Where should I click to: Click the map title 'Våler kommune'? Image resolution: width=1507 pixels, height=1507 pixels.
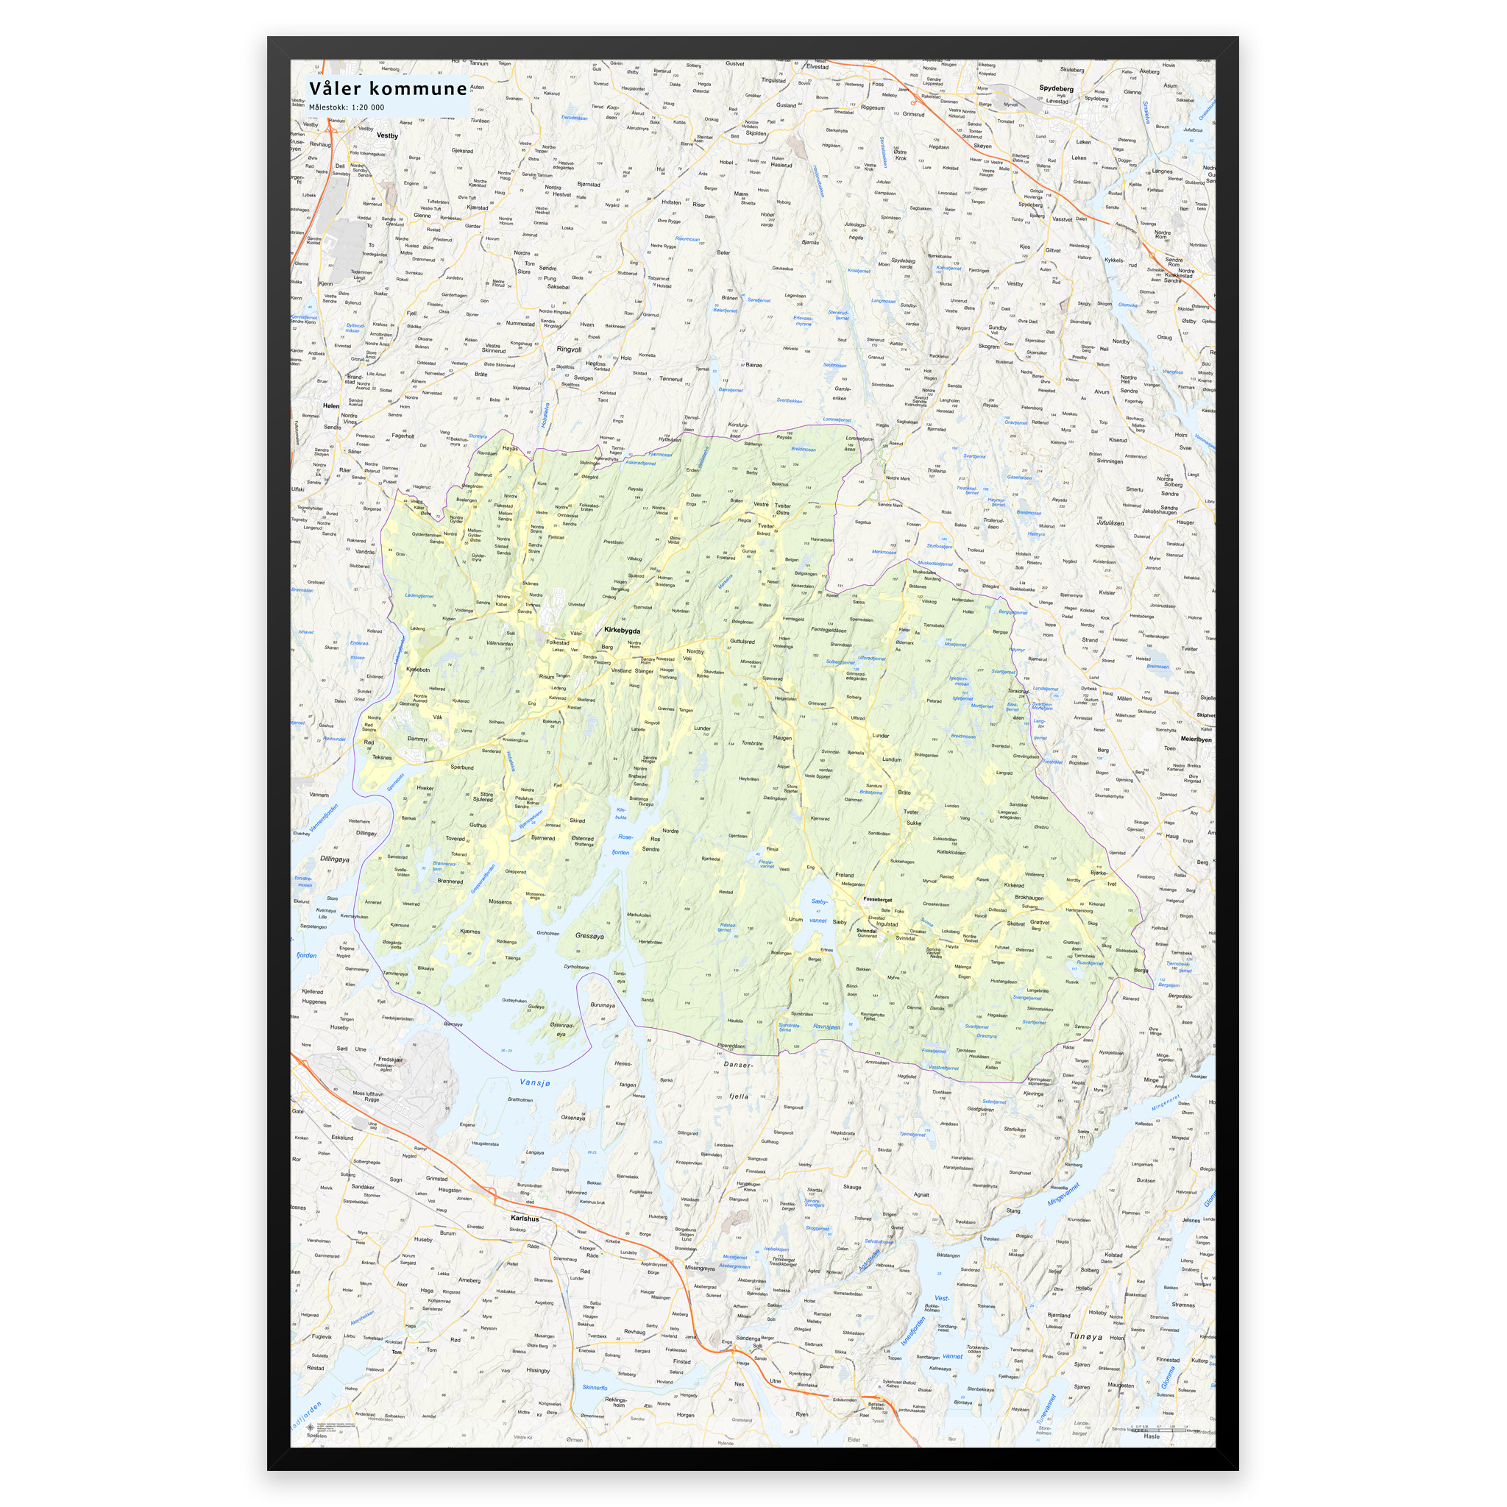pos(388,88)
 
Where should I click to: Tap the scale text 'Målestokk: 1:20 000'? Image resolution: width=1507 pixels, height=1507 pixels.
pos(347,107)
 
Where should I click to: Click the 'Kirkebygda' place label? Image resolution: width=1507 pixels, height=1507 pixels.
pos(623,631)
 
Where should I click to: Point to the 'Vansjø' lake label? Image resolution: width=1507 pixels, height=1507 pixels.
pos(535,1082)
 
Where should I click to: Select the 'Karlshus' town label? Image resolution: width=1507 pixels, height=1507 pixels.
pos(525,1219)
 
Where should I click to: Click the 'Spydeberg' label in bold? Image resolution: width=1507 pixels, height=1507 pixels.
pos(1056,89)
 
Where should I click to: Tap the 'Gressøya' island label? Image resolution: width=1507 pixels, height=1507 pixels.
pos(589,936)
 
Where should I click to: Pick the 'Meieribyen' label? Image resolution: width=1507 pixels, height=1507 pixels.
pos(1196,739)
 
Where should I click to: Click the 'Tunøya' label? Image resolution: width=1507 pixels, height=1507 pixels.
pos(1086,1336)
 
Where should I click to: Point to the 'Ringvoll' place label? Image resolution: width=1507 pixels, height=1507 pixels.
pos(569,350)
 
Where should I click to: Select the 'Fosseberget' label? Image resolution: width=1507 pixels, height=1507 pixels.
pos(878,899)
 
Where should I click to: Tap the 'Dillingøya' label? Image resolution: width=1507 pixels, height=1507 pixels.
pos(335,859)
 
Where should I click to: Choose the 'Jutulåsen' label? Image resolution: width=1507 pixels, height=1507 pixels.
pos(1110,522)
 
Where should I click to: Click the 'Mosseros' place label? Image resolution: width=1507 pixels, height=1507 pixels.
pos(500,901)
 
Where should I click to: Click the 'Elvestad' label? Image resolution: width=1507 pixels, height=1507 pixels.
pos(818,67)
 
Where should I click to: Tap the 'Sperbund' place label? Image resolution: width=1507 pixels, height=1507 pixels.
pos(462,767)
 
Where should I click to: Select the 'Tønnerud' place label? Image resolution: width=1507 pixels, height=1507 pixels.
pos(671,379)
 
